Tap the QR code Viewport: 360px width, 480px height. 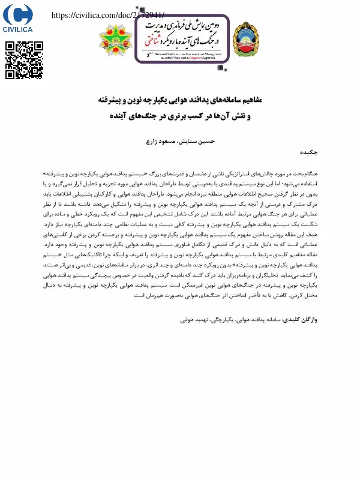click(25, 61)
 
